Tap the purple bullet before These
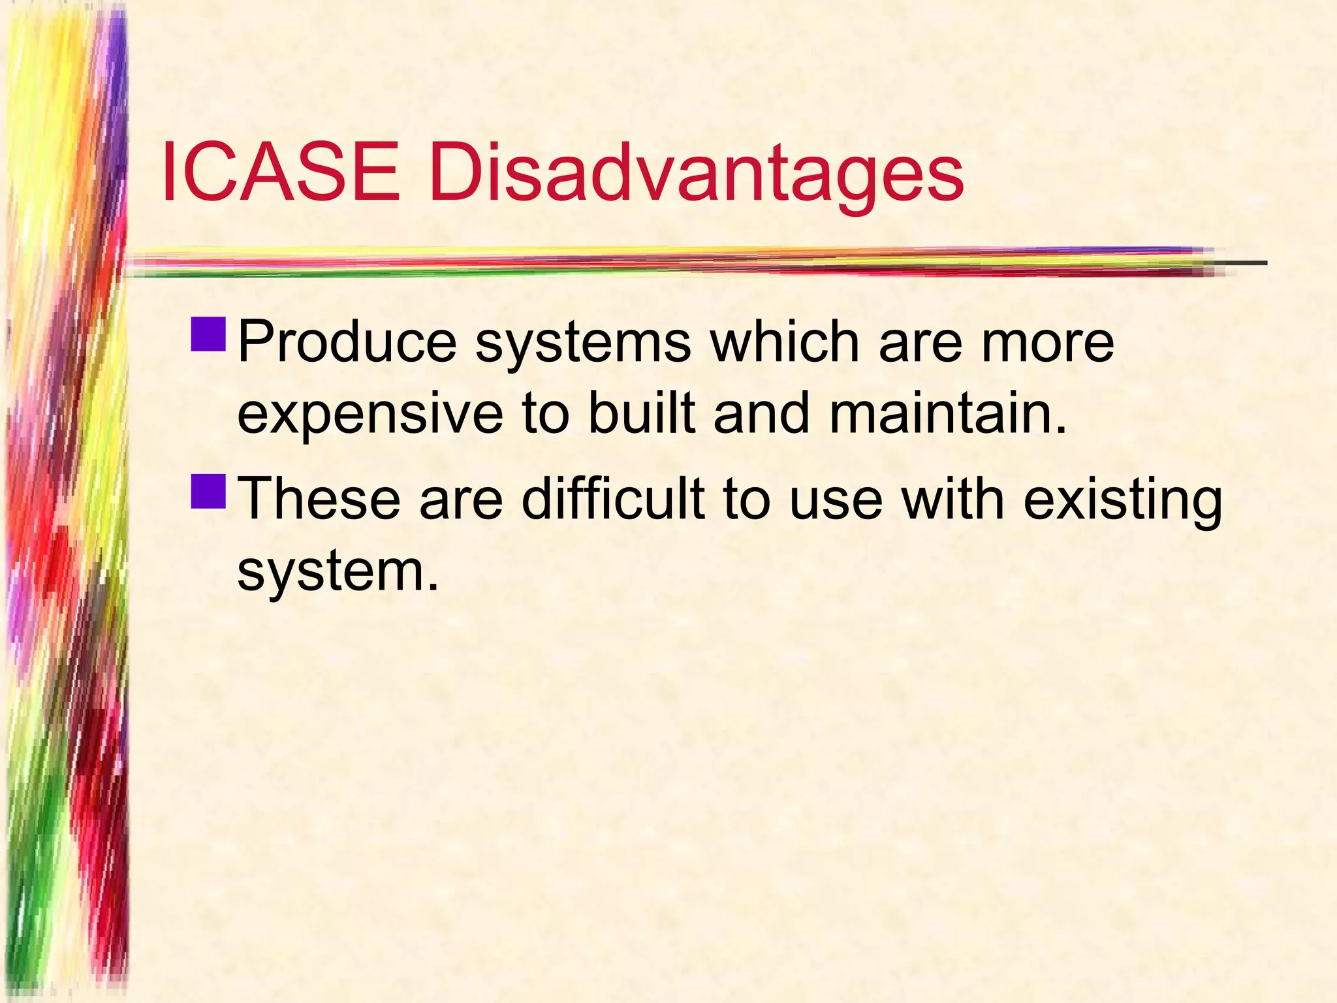tap(209, 490)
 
